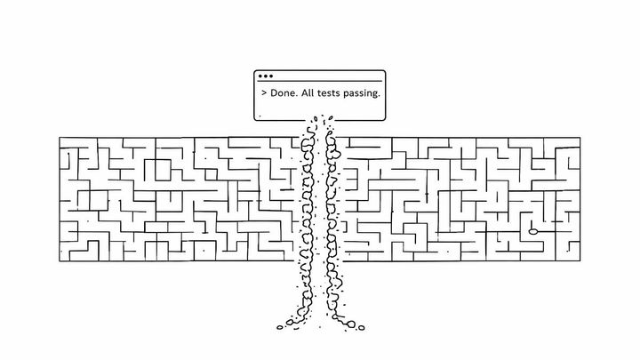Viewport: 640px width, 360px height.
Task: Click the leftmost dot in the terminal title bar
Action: [x=260, y=76]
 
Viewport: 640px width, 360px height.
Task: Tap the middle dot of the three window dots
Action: [x=265, y=76]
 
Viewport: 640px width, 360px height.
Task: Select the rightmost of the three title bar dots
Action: [x=270, y=76]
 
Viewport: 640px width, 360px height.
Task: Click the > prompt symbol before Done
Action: [x=264, y=93]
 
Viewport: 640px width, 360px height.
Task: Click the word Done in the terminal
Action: [x=283, y=93]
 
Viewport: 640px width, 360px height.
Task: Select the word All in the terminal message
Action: [x=308, y=92]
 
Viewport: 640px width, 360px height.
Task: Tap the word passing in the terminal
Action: [x=360, y=93]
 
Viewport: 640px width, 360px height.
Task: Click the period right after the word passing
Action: [x=379, y=96]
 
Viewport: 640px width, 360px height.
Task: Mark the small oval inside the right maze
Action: [x=533, y=231]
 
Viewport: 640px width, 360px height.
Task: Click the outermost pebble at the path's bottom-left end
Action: [x=280, y=327]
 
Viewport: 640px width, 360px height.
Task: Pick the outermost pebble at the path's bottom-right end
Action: [x=361, y=327]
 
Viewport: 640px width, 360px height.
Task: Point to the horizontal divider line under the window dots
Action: [x=320, y=81]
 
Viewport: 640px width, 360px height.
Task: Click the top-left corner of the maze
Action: [x=60, y=138]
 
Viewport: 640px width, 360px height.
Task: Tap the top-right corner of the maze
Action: [x=580, y=138]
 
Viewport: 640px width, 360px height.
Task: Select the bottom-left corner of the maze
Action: [x=60, y=261]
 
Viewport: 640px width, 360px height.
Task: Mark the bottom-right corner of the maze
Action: [x=580, y=260]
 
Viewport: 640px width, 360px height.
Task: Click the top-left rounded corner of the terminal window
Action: [x=255, y=71]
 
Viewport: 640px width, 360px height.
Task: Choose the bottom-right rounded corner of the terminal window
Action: [x=384, y=119]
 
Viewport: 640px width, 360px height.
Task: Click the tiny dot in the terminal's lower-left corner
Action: [x=260, y=116]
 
